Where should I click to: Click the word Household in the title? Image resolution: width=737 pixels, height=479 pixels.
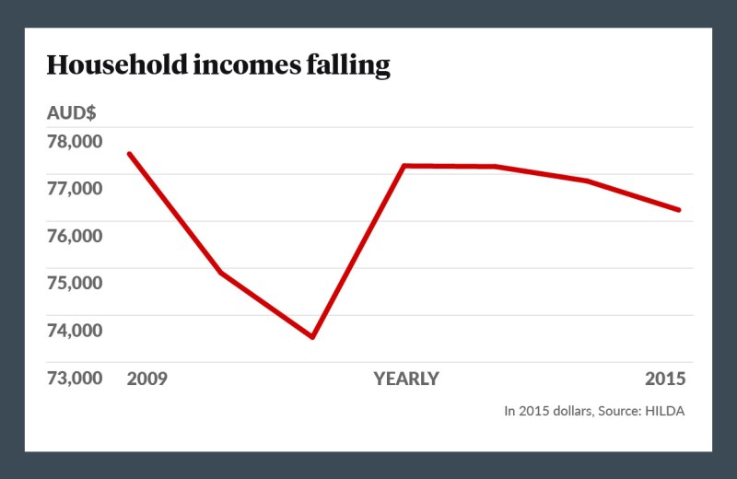coord(102,65)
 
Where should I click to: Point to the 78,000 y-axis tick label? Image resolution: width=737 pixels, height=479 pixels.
coord(76,141)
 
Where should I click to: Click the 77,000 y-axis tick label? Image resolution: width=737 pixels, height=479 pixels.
coord(76,188)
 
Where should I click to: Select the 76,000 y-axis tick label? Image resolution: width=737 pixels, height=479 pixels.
coord(76,235)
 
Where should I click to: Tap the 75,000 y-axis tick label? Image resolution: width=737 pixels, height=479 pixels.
coord(76,282)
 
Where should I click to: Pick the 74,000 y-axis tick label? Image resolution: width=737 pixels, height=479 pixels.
coord(76,329)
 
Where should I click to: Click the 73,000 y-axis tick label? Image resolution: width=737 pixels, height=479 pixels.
coord(76,379)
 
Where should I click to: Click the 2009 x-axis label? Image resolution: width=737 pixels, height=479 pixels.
coord(147,379)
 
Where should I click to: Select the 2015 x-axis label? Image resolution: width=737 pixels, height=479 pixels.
coord(665,379)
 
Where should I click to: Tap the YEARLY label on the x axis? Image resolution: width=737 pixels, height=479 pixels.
coord(406,379)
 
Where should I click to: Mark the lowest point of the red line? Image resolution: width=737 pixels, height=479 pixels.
coord(313,337)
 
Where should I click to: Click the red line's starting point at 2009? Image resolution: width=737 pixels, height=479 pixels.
coord(129,154)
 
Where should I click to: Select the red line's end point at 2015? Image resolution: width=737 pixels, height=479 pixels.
coord(679,210)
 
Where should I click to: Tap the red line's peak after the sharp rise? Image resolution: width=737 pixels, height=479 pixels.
coord(404,166)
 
